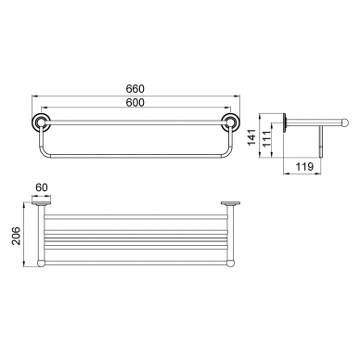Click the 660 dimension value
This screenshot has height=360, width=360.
tap(135, 89)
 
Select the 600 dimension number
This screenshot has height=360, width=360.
tap(135, 102)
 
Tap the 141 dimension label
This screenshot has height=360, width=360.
tap(252, 137)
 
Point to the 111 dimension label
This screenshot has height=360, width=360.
tap(266, 138)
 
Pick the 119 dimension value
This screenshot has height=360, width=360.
tap(304, 167)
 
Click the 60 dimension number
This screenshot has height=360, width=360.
tap(42, 187)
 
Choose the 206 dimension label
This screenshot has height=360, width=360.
tap(16, 236)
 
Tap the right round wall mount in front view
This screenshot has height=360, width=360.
tap(229, 122)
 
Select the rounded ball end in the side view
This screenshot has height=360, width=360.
tap(345, 122)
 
